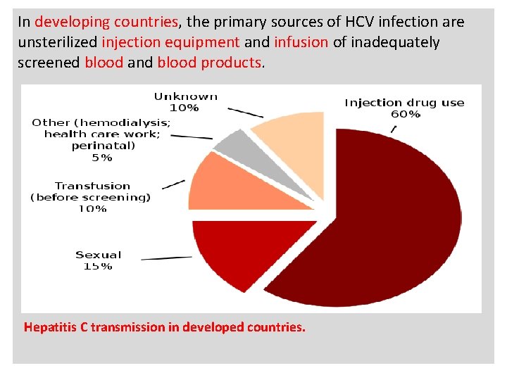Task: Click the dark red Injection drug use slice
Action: point(380,225)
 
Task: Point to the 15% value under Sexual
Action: point(98,266)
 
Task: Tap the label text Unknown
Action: point(186,96)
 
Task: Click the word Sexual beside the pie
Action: point(99,255)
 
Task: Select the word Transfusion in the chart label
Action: point(92,186)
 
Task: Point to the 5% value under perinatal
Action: point(102,158)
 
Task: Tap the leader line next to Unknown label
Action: point(244,112)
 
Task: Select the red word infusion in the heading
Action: point(301,42)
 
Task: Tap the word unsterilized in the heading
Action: point(58,42)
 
